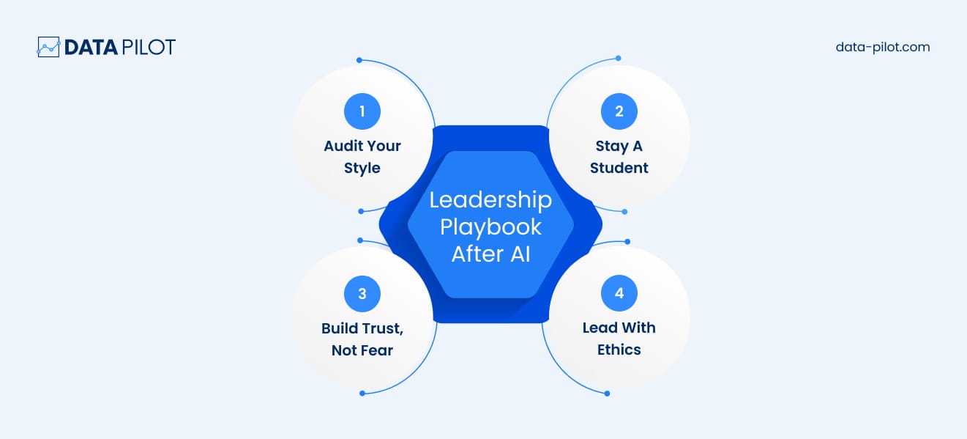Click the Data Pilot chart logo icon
pos(48,48)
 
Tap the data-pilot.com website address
pos(882,47)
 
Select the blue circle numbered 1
pos(362,112)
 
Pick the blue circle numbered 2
pos(619,112)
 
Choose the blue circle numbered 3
pos(362,294)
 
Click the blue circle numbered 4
pos(619,294)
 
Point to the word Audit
pos(344,146)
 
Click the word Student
pos(619,168)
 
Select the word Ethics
pos(619,350)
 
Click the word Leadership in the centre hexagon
pos(490,200)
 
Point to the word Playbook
pos(490,226)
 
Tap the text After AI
pos(490,254)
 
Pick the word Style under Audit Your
pos(362,168)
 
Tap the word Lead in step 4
pos(600,328)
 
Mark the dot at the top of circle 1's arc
pos(359,60)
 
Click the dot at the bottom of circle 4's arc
pos(608,394)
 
